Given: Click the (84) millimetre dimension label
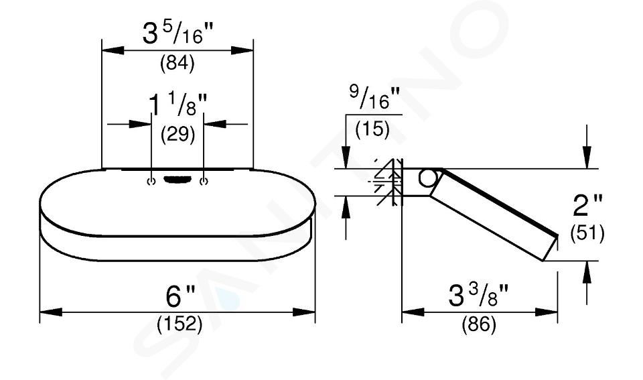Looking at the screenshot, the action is [x=177, y=64].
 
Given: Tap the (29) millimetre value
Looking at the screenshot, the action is [x=177, y=134].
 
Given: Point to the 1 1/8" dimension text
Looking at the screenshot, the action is [x=177, y=104].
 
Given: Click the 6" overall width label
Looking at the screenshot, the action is [x=180, y=296].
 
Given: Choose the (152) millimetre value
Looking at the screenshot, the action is [x=180, y=324].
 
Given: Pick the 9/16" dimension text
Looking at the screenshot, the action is [x=374, y=97].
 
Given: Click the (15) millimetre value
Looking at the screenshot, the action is [x=372, y=129].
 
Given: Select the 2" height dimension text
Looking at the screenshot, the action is [x=588, y=205].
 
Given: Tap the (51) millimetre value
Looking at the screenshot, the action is [x=587, y=233].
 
